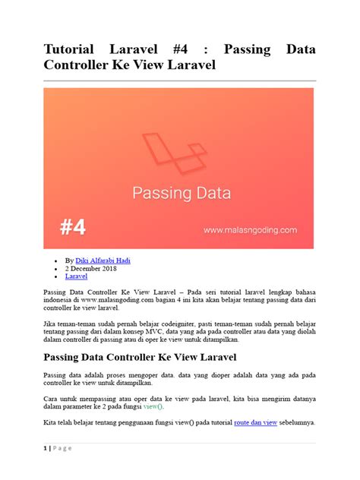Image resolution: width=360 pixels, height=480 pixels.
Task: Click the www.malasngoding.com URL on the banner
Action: coord(249,227)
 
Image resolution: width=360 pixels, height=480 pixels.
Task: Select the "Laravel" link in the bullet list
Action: coord(77,277)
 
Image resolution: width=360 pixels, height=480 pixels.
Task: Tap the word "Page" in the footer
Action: coord(63,448)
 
